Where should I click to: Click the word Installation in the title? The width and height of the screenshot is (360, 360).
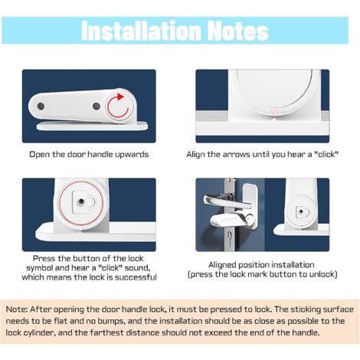141,31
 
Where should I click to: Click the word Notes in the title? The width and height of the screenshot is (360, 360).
237,31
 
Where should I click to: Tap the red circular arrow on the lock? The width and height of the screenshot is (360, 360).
118,106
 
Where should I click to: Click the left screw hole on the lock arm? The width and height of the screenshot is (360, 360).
41,106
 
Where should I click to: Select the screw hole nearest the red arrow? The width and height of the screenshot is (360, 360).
97,106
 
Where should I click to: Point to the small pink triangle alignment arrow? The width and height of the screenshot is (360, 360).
274,112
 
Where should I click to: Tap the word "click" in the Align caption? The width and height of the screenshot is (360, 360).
326,155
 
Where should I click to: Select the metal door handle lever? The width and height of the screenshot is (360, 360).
224,201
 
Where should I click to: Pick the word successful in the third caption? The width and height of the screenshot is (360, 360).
136,277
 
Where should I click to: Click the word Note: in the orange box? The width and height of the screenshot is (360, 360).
17,309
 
